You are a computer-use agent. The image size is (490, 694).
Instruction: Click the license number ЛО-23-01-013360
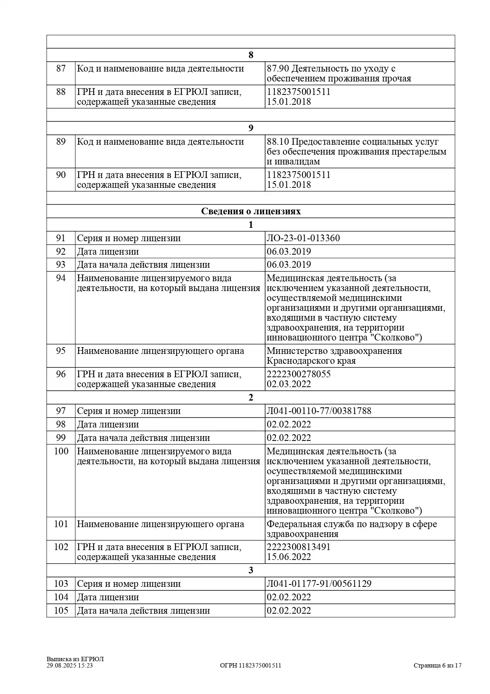(x=303, y=238)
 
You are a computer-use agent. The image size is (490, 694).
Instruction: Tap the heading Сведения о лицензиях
(x=251, y=211)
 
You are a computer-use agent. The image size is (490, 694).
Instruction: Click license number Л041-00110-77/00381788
(x=319, y=411)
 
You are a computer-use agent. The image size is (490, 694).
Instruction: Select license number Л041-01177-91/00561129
(x=319, y=584)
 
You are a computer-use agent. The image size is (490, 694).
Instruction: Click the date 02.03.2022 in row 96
(x=288, y=384)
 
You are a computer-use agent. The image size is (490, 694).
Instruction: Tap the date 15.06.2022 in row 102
(x=288, y=557)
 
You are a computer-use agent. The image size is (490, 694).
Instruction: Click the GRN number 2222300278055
(x=298, y=374)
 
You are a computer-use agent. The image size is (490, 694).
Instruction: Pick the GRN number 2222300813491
(x=298, y=547)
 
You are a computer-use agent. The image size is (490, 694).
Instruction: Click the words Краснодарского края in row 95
(x=311, y=361)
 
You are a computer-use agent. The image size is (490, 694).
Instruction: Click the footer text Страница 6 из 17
(x=437, y=666)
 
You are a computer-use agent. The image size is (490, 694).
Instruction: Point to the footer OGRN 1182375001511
(x=251, y=666)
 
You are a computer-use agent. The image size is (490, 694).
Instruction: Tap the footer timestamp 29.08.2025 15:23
(x=70, y=666)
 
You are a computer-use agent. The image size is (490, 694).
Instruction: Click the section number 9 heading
(x=251, y=128)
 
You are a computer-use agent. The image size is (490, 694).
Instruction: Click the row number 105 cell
(x=61, y=611)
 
